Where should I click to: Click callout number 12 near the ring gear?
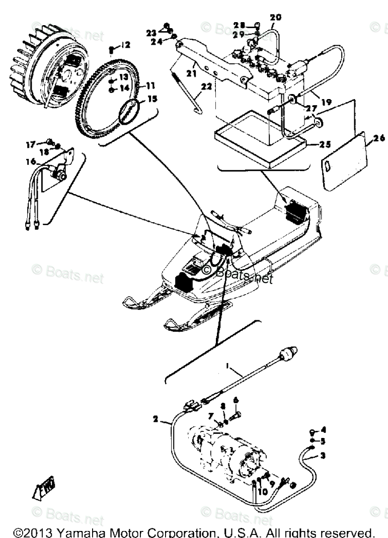[125, 45]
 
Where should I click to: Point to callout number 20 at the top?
[276, 17]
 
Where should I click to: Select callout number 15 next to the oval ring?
[150, 99]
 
